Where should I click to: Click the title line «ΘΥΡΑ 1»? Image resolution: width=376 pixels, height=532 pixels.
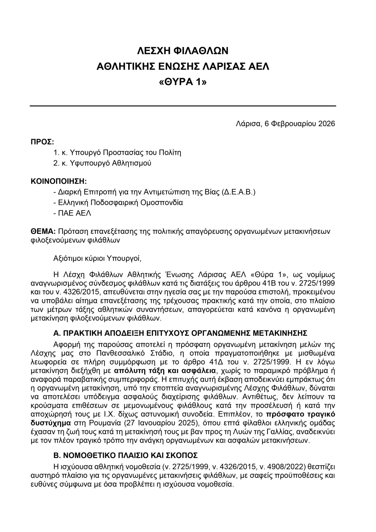coord(183,82)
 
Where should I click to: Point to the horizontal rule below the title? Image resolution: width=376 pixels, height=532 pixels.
coord(183,106)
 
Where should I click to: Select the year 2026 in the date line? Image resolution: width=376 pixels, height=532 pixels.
coord(326,124)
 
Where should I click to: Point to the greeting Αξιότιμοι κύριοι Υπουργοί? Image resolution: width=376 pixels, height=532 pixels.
coord(97,258)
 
